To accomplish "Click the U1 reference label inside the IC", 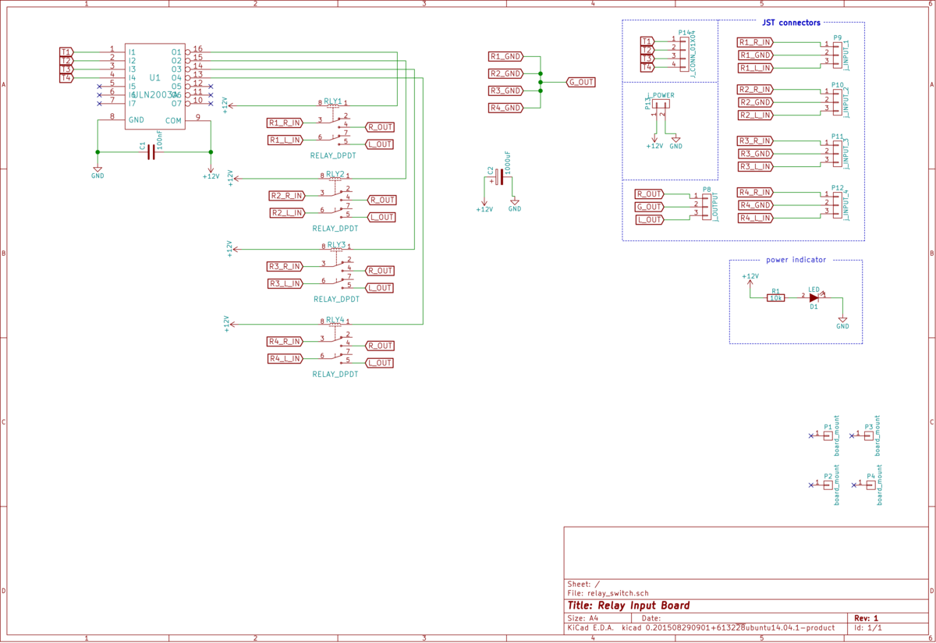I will pyautogui.click(x=154, y=77).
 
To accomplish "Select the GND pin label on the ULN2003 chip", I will pyautogui.click(x=136, y=120).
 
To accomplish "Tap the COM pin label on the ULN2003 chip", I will pyautogui.click(x=173, y=120).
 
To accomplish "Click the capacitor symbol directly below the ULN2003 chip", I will pyautogui.click(x=151, y=151).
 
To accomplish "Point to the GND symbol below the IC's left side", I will pyautogui.click(x=97, y=171).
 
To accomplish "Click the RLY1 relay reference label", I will pyautogui.click(x=333, y=101).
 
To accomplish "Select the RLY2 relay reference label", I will pyautogui.click(x=335, y=173).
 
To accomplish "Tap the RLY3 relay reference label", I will pyautogui.click(x=336, y=244).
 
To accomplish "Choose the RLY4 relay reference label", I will pyautogui.click(x=335, y=319).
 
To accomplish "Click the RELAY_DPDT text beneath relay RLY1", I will pyautogui.click(x=333, y=156).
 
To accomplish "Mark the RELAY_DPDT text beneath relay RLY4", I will pyautogui.click(x=335, y=375).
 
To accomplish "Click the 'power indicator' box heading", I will pyautogui.click(x=796, y=260).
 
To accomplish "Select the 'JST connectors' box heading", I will pyautogui.click(x=791, y=23).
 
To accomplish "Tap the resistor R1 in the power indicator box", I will pyautogui.click(x=775, y=297).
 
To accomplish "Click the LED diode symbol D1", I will pyautogui.click(x=814, y=297).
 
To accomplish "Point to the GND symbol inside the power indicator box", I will pyautogui.click(x=842, y=321).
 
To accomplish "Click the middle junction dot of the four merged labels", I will pyautogui.click(x=540, y=82).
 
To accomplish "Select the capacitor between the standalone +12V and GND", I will pyautogui.click(x=497, y=176).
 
